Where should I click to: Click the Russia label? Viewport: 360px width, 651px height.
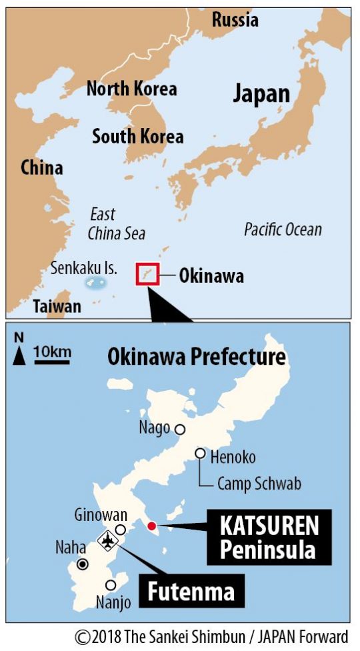(x=235, y=20)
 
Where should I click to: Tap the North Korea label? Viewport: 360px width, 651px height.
(x=132, y=89)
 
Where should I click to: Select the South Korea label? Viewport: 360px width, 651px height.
(x=137, y=137)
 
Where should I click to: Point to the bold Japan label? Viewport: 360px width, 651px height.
(x=261, y=93)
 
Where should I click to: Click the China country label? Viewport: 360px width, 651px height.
(x=41, y=167)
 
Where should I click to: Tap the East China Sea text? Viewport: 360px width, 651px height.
(x=116, y=224)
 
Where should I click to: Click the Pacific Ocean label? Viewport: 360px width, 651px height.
(x=283, y=230)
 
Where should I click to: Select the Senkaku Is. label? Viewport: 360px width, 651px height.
(x=84, y=269)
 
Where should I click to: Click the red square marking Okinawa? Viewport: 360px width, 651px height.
(x=147, y=274)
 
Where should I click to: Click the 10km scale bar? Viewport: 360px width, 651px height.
(x=51, y=361)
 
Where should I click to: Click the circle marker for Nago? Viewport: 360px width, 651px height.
(x=179, y=430)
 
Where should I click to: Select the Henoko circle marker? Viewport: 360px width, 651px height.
(x=200, y=454)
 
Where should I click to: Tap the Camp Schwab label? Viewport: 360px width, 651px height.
(x=259, y=484)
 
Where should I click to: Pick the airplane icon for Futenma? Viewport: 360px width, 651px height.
(x=107, y=540)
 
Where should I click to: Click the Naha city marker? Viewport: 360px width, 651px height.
(x=83, y=564)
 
